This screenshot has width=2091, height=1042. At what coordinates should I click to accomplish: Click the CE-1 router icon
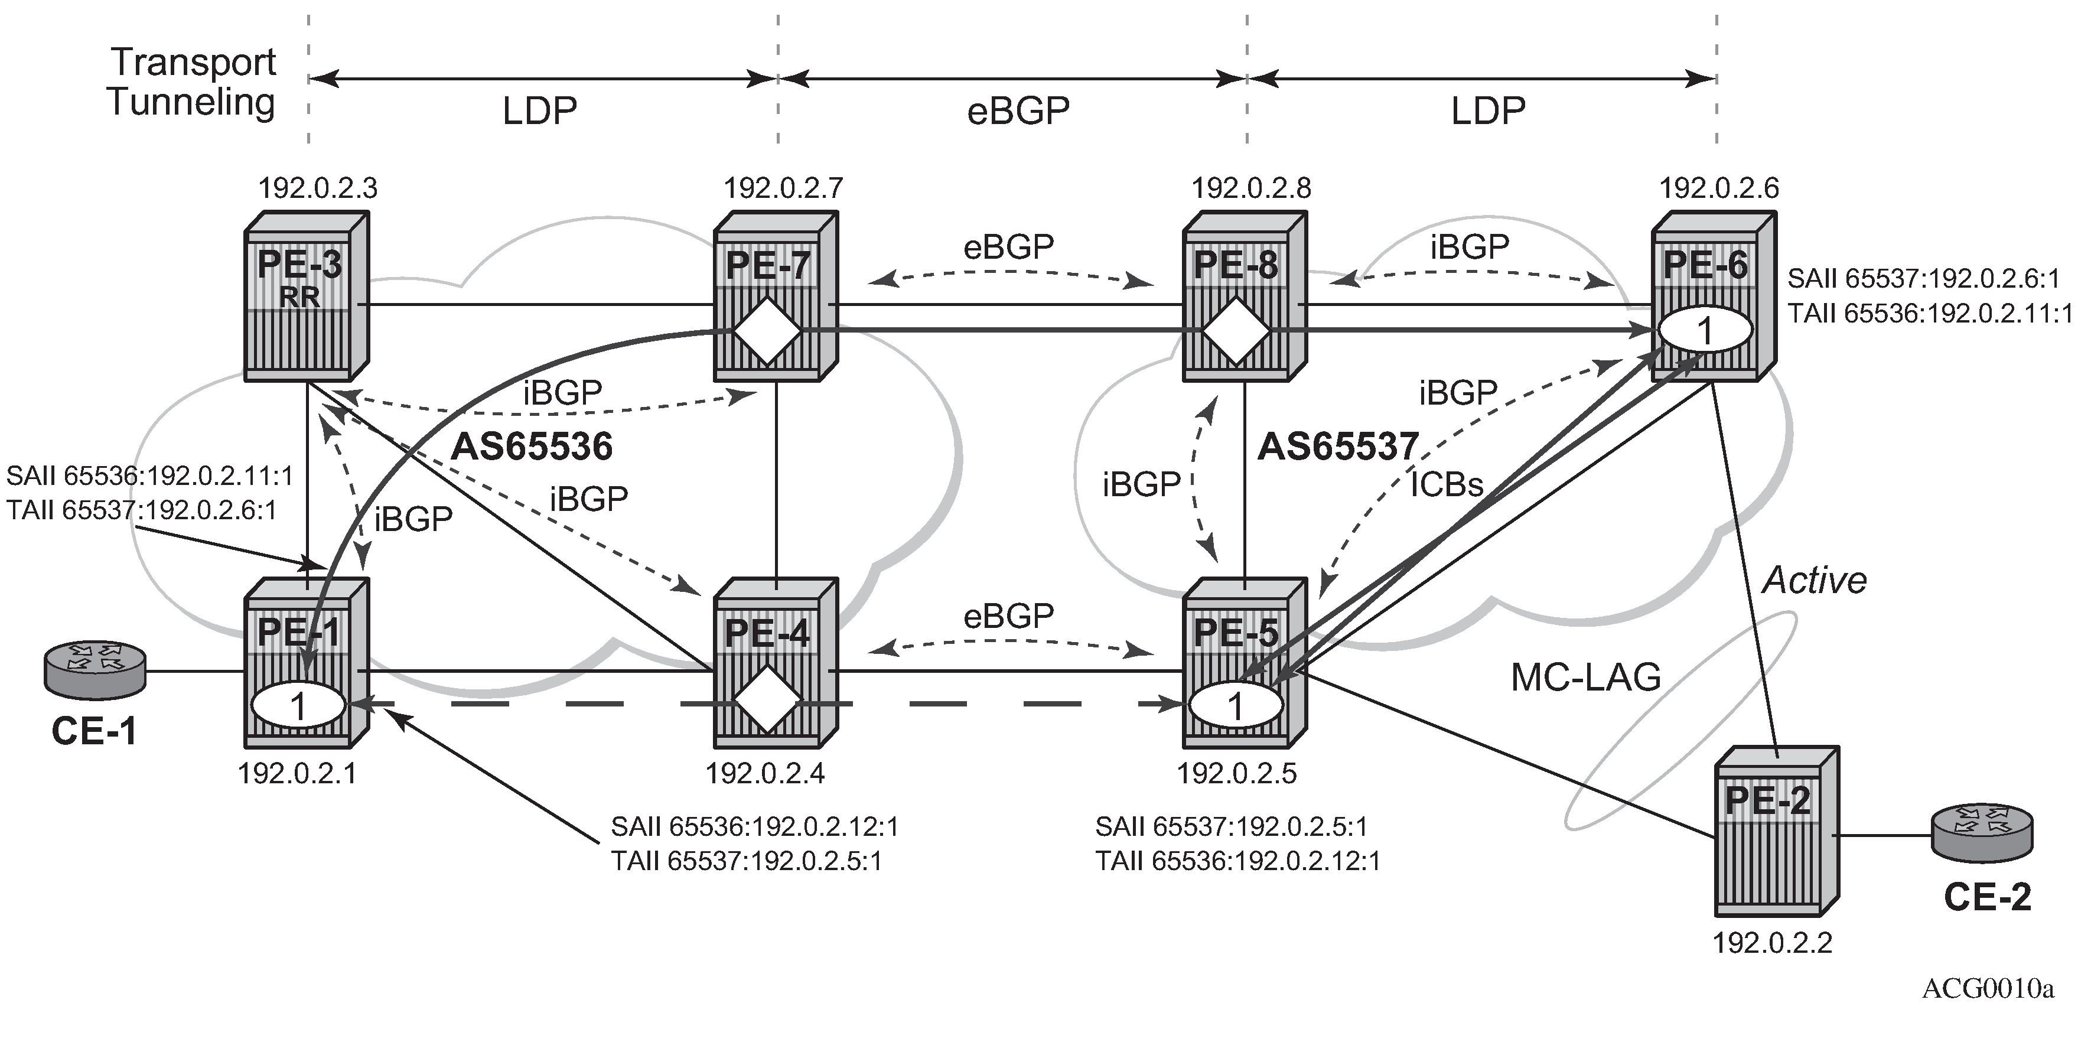95,670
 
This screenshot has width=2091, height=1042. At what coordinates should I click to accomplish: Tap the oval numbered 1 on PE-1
299,705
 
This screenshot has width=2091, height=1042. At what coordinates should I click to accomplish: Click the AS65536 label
532,447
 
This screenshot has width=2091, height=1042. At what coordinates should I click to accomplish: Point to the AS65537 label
1338,447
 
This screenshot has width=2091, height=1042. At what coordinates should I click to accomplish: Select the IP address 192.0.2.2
1772,943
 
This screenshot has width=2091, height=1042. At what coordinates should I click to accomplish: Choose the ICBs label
1447,484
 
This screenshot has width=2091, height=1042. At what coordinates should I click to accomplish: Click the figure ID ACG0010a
1988,988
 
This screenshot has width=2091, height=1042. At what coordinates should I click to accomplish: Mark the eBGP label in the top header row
1018,110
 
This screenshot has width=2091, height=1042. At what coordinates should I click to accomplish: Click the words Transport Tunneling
193,82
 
